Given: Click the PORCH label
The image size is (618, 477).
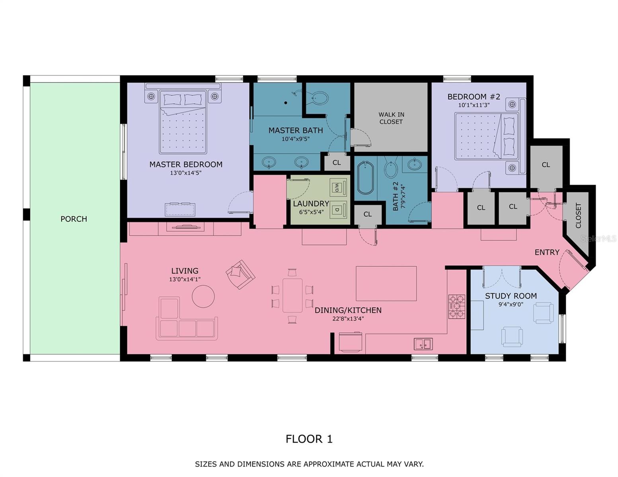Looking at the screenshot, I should point(74,219).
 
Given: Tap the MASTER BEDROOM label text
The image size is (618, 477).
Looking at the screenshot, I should point(186,165).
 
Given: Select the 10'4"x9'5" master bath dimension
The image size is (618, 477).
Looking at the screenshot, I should point(295,139).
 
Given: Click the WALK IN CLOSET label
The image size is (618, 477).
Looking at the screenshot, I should point(391,118).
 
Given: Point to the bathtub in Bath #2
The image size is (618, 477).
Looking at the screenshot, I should point(365,178).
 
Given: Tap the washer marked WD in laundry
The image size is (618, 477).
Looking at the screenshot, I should point(338,187).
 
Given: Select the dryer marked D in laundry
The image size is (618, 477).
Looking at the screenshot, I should point(338,209).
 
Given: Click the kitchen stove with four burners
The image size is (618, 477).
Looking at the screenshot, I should point(457,306).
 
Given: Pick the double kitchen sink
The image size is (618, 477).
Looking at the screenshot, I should point(423,344).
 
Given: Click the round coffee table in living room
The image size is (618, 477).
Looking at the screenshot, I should point(203,296).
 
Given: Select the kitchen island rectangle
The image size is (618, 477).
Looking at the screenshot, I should point(386,283).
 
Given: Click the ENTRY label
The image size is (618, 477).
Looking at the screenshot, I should point(547,252).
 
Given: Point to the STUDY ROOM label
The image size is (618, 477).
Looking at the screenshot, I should point(511,296).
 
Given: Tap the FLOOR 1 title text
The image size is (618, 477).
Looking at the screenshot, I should point(309,439).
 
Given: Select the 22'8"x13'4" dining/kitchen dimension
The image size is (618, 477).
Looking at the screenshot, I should point(348,318).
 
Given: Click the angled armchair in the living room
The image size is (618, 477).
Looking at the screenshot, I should point(240,274).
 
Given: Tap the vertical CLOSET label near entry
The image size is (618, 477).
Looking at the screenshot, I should point(578,215).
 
